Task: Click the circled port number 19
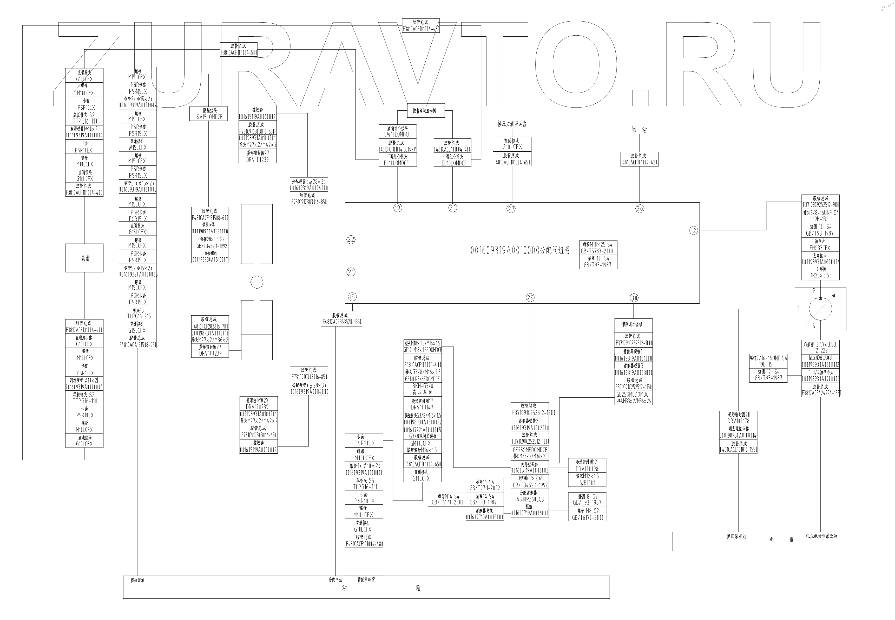click(397, 208)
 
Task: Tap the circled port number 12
click(693, 230)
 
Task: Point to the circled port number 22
click(351, 239)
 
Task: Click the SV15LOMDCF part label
click(209, 117)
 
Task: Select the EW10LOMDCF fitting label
click(397, 134)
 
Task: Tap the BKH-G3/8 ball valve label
click(423, 386)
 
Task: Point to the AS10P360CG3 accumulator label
click(530, 499)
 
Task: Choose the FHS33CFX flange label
click(820, 248)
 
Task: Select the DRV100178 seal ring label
click(738, 421)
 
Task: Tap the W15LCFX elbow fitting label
click(137, 148)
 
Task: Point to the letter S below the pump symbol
click(814, 326)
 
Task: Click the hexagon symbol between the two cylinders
click(257, 282)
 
